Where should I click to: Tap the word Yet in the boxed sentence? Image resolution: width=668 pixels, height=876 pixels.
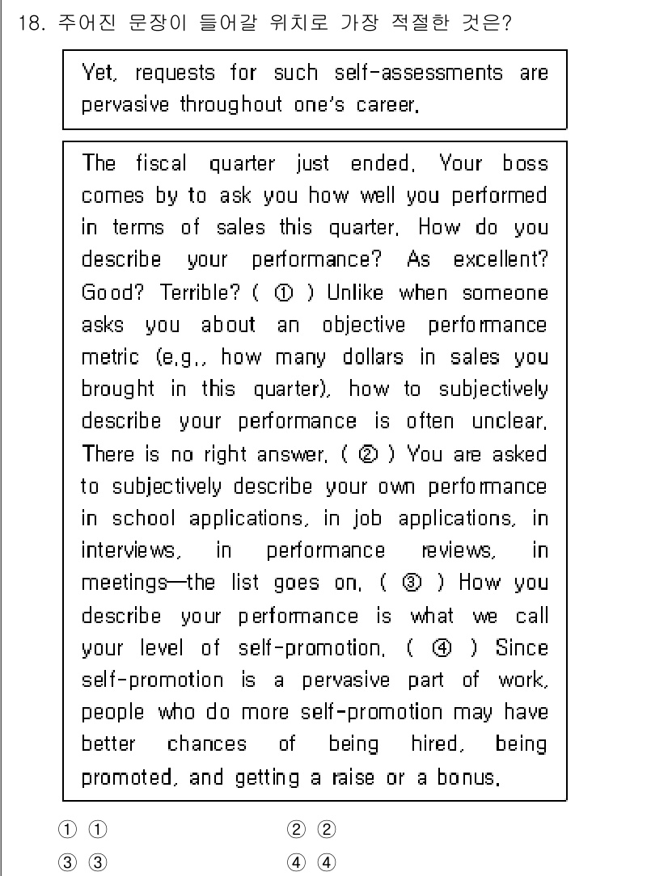pos(99,73)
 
